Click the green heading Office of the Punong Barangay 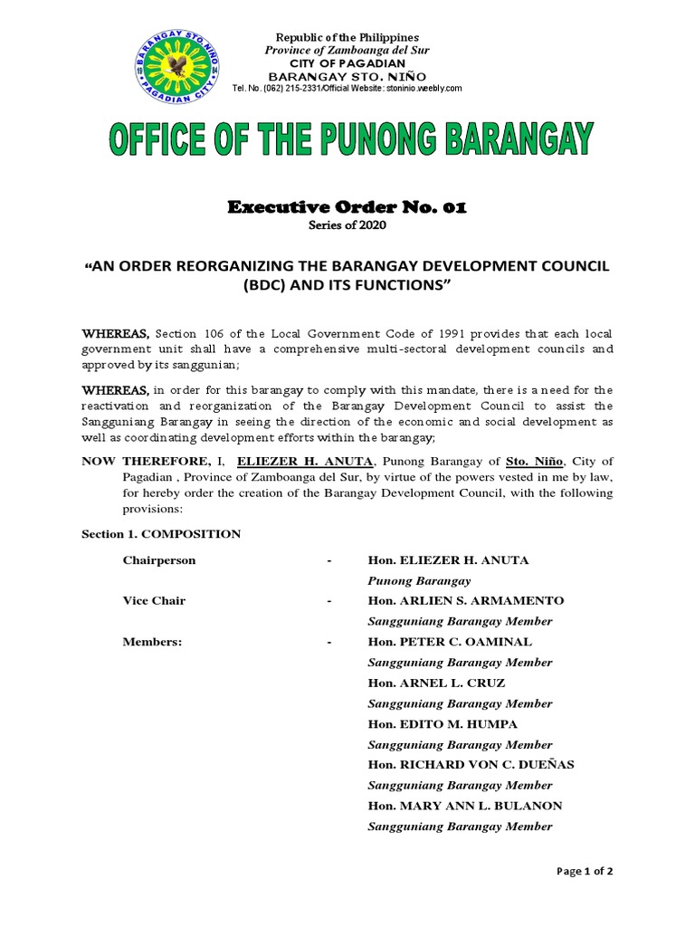(x=351, y=142)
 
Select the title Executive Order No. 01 (x=347, y=207)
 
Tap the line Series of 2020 (x=347, y=225)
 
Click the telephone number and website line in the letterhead (x=347, y=88)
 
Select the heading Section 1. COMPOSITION (x=161, y=534)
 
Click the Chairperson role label (x=159, y=560)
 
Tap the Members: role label (x=152, y=642)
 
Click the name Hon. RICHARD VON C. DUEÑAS (x=471, y=765)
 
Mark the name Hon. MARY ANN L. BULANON (x=465, y=806)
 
